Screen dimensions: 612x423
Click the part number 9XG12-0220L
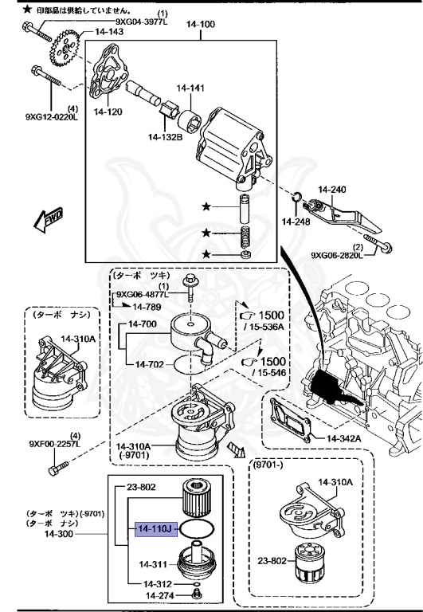pyautogui.click(x=52, y=117)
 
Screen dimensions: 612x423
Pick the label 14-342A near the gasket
pyautogui.click(x=343, y=437)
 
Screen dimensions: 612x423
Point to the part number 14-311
pyautogui.click(x=154, y=564)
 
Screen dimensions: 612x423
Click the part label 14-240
pyautogui.click(x=333, y=189)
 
